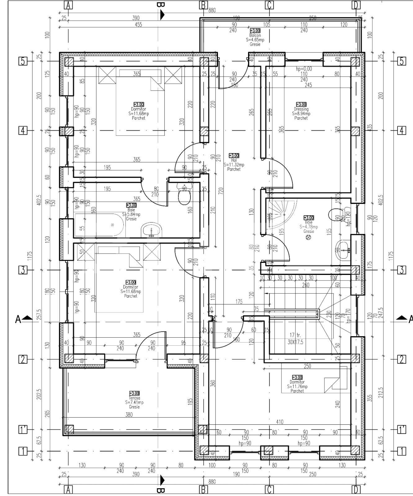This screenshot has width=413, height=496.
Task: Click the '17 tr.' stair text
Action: (x=295, y=335)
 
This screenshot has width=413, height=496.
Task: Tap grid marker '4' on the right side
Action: (x=402, y=131)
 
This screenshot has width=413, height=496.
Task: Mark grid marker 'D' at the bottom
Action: (x=356, y=490)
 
